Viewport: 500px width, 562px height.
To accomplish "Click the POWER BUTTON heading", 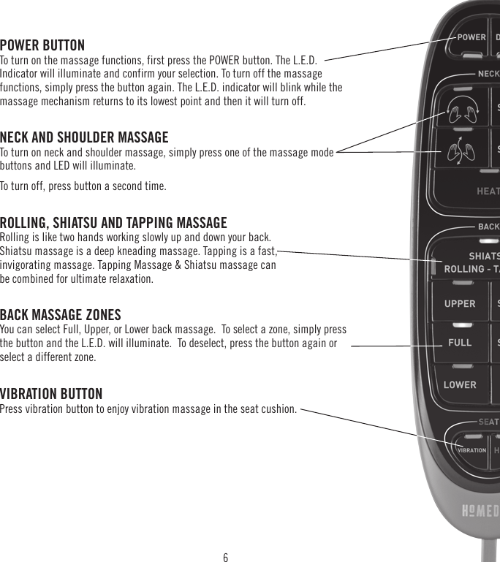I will [x=42, y=45].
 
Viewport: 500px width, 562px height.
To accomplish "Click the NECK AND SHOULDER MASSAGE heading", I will [x=84, y=137].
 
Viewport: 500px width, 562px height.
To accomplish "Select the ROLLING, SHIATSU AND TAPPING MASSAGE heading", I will [x=113, y=223].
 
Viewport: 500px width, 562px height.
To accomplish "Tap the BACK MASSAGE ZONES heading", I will [x=61, y=315].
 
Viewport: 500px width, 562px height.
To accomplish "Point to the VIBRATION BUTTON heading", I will [x=51, y=395].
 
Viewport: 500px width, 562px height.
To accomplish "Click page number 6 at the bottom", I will [x=225, y=558].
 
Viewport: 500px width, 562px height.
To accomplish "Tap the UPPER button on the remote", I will [x=460, y=304].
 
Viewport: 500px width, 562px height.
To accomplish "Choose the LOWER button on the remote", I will [x=460, y=384].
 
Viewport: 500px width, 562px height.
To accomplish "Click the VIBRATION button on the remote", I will [x=471, y=450].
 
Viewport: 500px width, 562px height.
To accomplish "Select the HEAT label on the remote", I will [x=488, y=191].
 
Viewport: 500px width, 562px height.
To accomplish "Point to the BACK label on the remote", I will [x=488, y=227].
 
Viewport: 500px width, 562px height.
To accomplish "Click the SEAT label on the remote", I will [x=488, y=422].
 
